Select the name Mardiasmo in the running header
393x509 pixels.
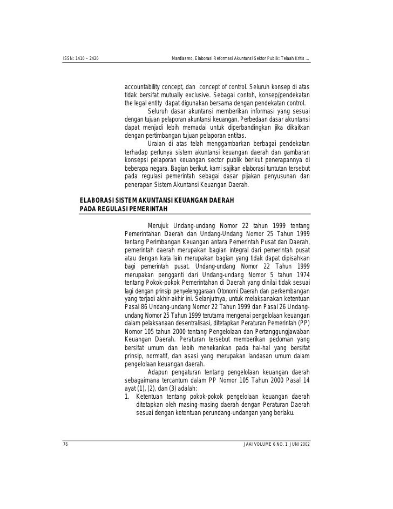(182, 58)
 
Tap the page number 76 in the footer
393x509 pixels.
(65, 445)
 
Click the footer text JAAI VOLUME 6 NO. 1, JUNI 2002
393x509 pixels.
(277, 445)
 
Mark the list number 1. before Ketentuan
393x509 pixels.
(127, 396)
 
